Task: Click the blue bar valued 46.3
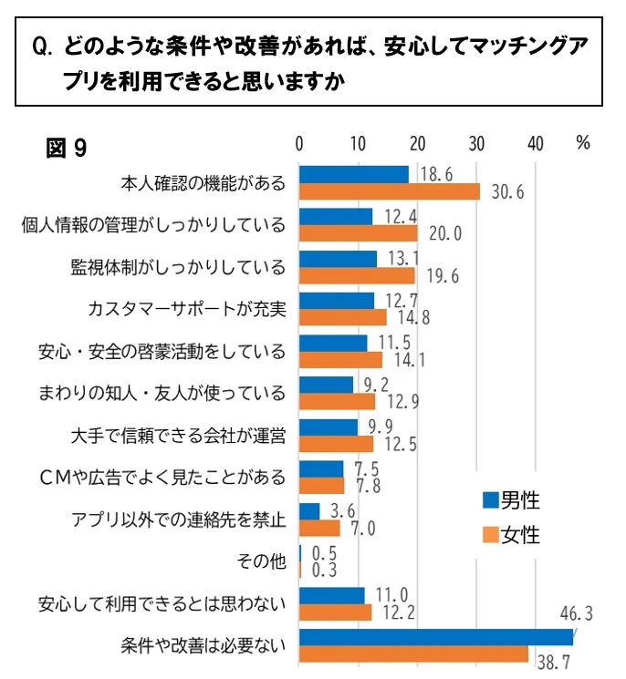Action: (436, 637)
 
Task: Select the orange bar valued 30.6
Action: (390, 191)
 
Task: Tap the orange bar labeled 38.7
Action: (413, 654)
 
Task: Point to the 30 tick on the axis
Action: (476, 144)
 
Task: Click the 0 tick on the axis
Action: (299, 144)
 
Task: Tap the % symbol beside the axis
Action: (583, 144)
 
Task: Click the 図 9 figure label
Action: (67, 148)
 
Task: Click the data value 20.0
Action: (444, 233)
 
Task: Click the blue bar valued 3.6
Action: (309, 511)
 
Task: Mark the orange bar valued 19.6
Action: (357, 275)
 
